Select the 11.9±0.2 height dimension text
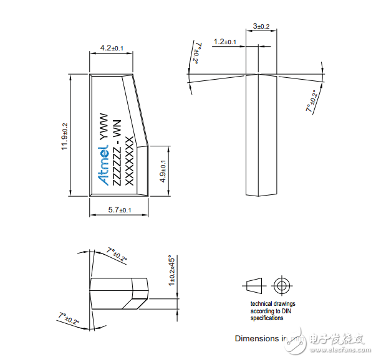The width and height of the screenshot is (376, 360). [64, 133]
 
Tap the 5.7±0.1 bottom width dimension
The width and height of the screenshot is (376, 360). [119, 210]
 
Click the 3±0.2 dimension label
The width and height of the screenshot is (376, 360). [261, 26]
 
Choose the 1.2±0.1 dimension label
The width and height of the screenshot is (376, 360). [225, 42]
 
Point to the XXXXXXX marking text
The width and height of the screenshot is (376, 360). [130, 159]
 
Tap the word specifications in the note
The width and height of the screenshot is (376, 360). [267, 318]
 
